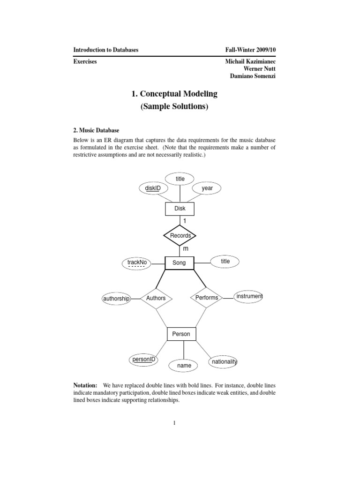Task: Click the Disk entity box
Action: point(180,209)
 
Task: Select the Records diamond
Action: point(180,235)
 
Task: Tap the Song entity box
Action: point(179,263)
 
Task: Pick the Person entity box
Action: point(181,334)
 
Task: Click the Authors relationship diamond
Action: point(156,298)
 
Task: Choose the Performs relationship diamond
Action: point(206,298)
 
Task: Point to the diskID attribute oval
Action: point(153,188)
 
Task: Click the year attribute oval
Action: point(207,188)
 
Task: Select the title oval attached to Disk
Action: point(180,179)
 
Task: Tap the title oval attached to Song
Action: point(225,261)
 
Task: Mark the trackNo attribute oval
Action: point(137,263)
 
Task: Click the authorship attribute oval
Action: point(116,299)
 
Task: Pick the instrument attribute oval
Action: point(249,297)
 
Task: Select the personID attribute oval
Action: point(143,360)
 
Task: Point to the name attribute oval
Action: point(184,365)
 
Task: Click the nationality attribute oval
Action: point(225,362)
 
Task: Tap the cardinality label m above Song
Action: point(185,248)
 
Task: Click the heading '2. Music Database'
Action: point(96,130)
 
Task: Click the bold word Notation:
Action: point(85,385)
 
